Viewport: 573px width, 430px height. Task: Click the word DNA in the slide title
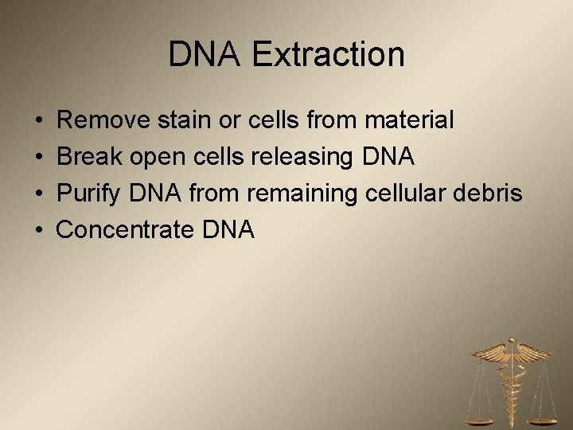[194, 55]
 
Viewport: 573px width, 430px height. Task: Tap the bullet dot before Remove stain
[39, 121]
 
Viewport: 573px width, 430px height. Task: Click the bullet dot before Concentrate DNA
[39, 231]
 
